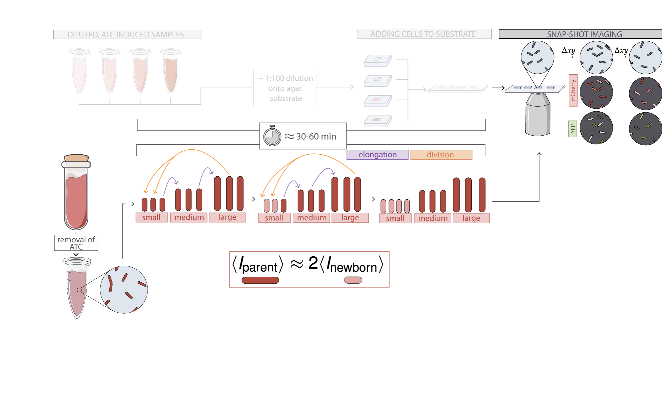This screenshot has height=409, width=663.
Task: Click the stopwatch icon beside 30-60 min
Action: coord(272,136)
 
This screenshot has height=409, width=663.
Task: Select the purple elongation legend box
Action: coord(377,155)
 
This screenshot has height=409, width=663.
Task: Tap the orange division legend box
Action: coord(441,155)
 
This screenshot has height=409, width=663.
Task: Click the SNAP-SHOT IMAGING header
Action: coord(584,34)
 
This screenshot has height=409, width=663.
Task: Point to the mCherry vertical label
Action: coord(573,90)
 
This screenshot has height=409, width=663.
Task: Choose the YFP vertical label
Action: coord(572,129)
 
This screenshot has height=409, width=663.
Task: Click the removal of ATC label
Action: coord(76,243)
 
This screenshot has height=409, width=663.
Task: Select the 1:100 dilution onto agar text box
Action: coord(285,88)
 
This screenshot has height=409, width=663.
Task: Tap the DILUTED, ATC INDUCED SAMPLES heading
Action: coord(126,35)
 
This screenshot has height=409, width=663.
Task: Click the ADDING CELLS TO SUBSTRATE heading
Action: coord(423,34)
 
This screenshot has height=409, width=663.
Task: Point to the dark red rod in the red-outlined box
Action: coord(260,280)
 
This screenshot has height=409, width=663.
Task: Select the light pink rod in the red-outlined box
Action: coord(353,280)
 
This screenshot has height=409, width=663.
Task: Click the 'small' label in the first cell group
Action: coord(151,217)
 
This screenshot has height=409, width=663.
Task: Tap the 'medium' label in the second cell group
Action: coord(312,218)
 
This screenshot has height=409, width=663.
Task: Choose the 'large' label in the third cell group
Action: coord(471,218)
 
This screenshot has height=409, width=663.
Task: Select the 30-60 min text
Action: coord(316,136)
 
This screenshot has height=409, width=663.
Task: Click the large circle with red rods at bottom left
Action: coord(124,289)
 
